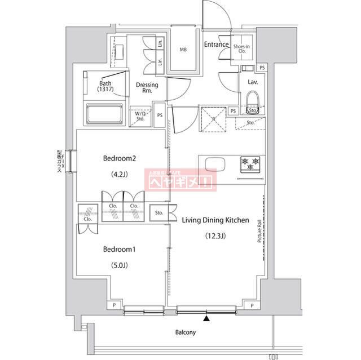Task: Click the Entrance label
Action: click(x=216, y=45)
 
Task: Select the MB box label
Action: click(x=183, y=50)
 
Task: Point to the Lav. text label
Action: click(x=253, y=82)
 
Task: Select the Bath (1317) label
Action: click(x=105, y=86)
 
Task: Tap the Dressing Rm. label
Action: click(x=147, y=87)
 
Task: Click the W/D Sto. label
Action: click(x=140, y=115)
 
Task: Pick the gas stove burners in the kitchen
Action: click(x=251, y=164)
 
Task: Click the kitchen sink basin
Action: click(x=215, y=165)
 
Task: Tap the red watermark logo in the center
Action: click(x=180, y=181)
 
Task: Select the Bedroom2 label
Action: click(x=119, y=159)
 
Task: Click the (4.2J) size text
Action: click(x=119, y=174)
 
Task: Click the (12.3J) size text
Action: click(x=215, y=236)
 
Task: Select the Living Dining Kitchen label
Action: click(x=215, y=220)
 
